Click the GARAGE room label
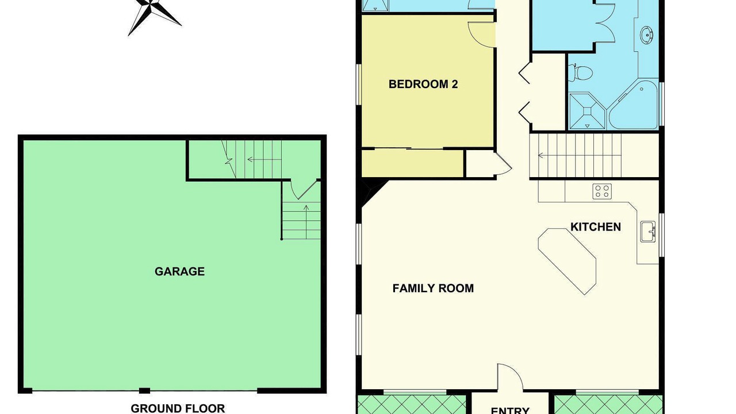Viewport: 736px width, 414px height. click(x=180, y=271)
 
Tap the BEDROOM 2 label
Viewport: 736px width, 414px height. click(x=423, y=85)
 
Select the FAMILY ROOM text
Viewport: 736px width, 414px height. click(x=433, y=289)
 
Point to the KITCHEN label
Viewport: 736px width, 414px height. click(x=596, y=227)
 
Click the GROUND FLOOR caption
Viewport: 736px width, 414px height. click(x=178, y=408)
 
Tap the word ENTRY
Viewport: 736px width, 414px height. click(x=510, y=411)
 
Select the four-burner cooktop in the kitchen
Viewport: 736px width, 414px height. click(x=602, y=191)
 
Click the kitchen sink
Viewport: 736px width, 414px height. click(x=648, y=232)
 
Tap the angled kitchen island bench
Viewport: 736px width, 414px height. click(x=567, y=261)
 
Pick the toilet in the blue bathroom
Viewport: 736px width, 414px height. click(x=581, y=72)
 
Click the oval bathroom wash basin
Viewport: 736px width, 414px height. click(x=646, y=34)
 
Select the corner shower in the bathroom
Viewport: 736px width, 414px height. click(x=587, y=111)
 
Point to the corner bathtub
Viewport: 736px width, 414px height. click(x=633, y=105)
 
